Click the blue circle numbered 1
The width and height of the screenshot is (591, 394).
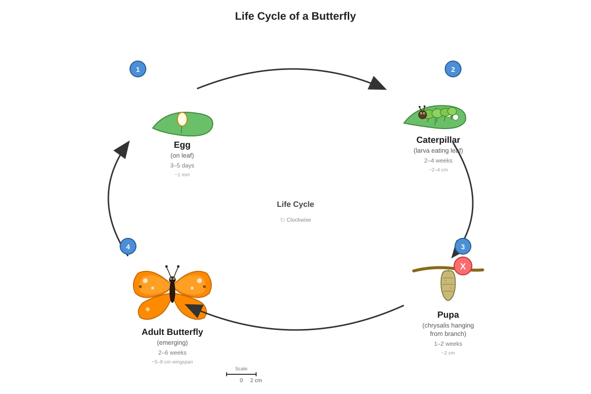click(x=138, y=69)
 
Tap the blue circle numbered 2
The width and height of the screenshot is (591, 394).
click(x=453, y=69)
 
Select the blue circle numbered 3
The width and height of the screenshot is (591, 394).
click(x=463, y=246)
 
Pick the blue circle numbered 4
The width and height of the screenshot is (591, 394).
click(x=128, y=246)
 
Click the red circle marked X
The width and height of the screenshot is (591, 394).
click(x=463, y=266)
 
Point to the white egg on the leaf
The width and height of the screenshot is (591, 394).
click(x=182, y=119)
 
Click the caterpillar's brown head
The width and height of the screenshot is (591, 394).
click(x=423, y=115)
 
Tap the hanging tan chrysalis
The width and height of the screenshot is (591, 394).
click(x=448, y=285)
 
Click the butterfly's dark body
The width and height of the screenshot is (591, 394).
click(x=172, y=290)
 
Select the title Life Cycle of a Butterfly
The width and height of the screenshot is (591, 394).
click(x=295, y=16)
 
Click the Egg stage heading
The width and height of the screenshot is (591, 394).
click(x=182, y=145)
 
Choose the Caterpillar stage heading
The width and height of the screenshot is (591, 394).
click(x=438, y=140)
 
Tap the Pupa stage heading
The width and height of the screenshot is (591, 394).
click(x=448, y=315)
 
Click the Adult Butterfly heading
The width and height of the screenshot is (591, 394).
click(x=172, y=332)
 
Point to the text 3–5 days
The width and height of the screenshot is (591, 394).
click(x=182, y=165)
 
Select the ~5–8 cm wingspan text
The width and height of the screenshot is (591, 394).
click(x=172, y=362)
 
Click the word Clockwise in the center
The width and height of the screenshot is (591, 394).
click(x=298, y=220)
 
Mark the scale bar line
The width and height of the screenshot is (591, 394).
click(x=241, y=374)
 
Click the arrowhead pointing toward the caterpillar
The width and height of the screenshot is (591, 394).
click(x=377, y=83)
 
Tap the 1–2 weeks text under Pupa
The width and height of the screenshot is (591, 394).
click(x=448, y=344)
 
